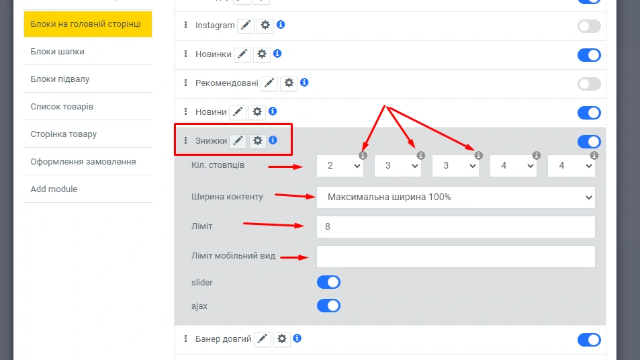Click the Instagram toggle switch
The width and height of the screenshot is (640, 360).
pos(589,26)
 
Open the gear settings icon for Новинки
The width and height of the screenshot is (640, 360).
pos(262,54)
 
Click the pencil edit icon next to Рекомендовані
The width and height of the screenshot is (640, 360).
pos(269,83)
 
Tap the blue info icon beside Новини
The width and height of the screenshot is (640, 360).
pos(273,111)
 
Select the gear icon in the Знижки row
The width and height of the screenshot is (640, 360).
pos(258,141)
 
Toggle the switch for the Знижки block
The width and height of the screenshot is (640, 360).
pos(589,142)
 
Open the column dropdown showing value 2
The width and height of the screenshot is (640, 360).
pos(340,166)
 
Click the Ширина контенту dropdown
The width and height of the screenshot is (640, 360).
pos(455,197)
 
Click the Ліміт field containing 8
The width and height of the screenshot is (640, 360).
pos(455,227)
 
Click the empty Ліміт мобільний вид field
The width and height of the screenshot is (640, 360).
pos(455,257)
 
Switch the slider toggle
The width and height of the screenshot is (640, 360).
pos(328,282)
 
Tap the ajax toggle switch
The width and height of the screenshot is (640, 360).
pos(328,306)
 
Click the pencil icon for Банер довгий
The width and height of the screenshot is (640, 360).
pos(262,339)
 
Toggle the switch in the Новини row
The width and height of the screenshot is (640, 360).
pos(589,113)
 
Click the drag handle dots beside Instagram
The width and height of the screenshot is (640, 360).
pos(186,26)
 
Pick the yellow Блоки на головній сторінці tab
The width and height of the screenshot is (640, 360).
pos(88,24)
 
